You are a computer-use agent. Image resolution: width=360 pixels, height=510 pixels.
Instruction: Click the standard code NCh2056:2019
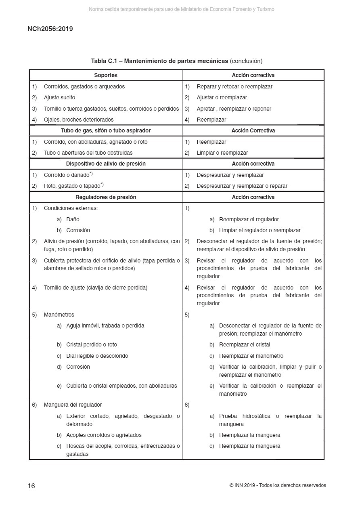tap(50, 29)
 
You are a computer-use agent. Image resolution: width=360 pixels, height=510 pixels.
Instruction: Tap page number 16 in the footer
tap(31, 486)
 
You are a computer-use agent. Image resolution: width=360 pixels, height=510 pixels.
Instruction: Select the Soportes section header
tap(106, 75)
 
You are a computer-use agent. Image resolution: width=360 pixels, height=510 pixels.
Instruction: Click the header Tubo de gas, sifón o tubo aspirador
tap(106, 130)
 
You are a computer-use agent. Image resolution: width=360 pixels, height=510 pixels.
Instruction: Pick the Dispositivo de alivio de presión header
tap(106, 164)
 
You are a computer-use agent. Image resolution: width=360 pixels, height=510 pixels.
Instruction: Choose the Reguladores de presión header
tap(106, 197)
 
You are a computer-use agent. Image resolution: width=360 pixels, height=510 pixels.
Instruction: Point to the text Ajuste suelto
tap(59, 97)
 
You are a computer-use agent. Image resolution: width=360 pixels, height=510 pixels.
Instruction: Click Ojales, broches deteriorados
tap(79, 120)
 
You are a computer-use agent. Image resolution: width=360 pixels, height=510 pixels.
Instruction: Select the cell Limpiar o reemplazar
tap(222, 153)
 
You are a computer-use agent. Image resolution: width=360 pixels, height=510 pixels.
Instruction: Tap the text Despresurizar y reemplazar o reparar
tap(242, 186)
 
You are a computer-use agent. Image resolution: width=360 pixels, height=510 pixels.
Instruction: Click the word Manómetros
tap(59, 315)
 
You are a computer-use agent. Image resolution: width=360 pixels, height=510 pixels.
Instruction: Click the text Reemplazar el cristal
tap(245, 344)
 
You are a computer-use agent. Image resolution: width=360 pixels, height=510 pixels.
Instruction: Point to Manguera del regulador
tap(73, 405)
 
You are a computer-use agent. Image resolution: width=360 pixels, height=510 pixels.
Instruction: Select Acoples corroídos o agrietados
tap(104, 435)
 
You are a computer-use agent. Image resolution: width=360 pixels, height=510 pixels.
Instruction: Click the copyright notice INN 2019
tap(278, 485)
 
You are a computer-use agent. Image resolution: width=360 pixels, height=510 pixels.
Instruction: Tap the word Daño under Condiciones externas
tap(73, 219)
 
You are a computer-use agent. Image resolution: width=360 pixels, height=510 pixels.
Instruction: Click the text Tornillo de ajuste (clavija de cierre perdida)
tap(96, 288)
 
